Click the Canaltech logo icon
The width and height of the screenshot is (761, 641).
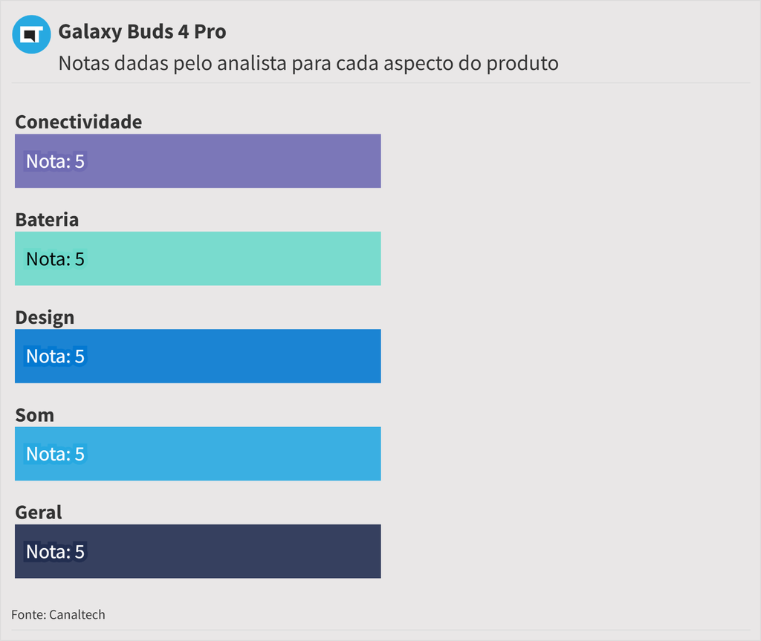(31, 34)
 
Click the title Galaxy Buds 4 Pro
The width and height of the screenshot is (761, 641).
(142, 32)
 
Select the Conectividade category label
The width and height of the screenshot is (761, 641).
(78, 122)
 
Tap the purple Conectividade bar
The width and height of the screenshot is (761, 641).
(223, 161)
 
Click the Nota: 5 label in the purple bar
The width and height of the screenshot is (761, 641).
(55, 161)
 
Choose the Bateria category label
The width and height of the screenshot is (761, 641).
(47, 220)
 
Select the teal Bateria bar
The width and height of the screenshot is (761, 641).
(223, 258)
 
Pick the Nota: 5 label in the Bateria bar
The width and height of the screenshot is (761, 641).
(55, 258)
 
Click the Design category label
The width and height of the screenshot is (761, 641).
(45, 317)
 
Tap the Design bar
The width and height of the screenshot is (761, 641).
(223, 356)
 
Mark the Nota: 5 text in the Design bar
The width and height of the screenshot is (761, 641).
(55, 357)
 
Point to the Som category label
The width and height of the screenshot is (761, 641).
(34, 415)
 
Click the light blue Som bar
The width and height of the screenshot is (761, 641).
(223, 454)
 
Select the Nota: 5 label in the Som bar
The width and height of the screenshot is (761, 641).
(55, 454)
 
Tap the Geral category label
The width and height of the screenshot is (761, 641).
(39, 513)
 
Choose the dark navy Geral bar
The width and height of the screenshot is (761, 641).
(223, 551)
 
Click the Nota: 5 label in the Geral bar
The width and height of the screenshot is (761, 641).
(55, 552)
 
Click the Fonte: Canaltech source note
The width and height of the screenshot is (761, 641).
(58, 614)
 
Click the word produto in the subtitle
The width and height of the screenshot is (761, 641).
(522, 63)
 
